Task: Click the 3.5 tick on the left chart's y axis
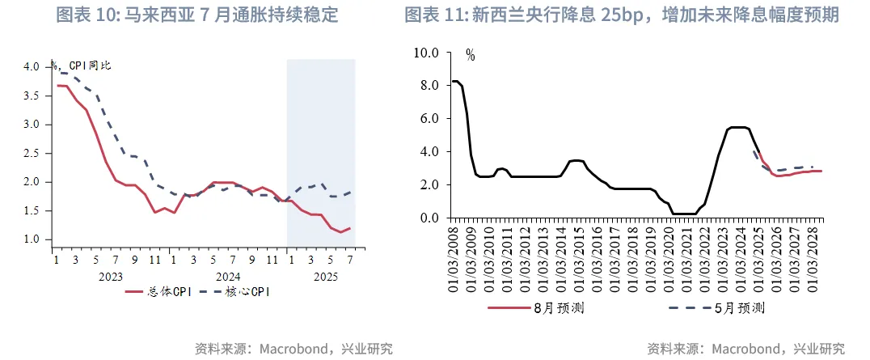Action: [32, 95]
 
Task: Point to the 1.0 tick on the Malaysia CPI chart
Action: [32, 239]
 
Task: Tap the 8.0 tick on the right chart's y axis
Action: [425, 86]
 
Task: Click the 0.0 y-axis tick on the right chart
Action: [425, 218]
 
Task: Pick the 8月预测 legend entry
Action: [559, 307]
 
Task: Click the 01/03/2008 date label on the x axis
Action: [454, 259]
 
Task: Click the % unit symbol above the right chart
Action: [470, 56]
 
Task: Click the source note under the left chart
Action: [294, 349]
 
